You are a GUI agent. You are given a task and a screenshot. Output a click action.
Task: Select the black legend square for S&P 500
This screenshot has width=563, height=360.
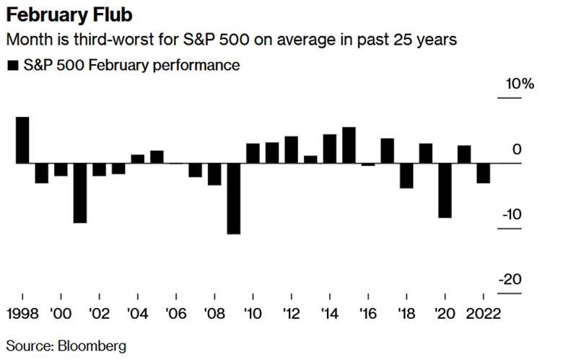click(x=12, y=66)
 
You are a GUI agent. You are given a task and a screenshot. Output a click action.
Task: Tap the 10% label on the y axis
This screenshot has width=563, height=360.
click(x=519, y=84)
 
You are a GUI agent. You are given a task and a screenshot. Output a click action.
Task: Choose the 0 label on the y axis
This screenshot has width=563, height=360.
click(x=515, y=150)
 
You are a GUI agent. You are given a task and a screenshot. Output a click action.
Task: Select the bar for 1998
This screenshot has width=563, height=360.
click(x=22, y=140)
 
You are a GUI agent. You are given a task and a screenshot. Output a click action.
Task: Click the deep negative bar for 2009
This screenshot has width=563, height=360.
click(x=233, y=198)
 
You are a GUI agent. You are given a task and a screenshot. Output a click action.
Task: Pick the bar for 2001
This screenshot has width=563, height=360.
click(x=80, y=193)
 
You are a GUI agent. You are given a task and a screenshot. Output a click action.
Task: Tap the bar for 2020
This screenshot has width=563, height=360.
click(x=445, y=190)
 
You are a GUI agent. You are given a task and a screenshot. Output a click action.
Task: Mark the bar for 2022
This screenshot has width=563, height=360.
click(x=483, y=173)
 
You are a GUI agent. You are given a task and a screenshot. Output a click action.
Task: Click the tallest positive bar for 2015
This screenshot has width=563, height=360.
click(x=349, y=145)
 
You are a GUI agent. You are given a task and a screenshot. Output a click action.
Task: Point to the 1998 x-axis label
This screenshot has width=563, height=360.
click(x=22, y=315)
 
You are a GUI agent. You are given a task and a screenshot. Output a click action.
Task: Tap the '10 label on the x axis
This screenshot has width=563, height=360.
click(x=253, y=315)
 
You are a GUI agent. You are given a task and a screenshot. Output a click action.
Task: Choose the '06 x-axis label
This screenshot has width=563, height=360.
click(x=175, y=315)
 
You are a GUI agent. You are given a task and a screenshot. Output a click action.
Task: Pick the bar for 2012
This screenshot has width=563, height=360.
click(x=291, y=149)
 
